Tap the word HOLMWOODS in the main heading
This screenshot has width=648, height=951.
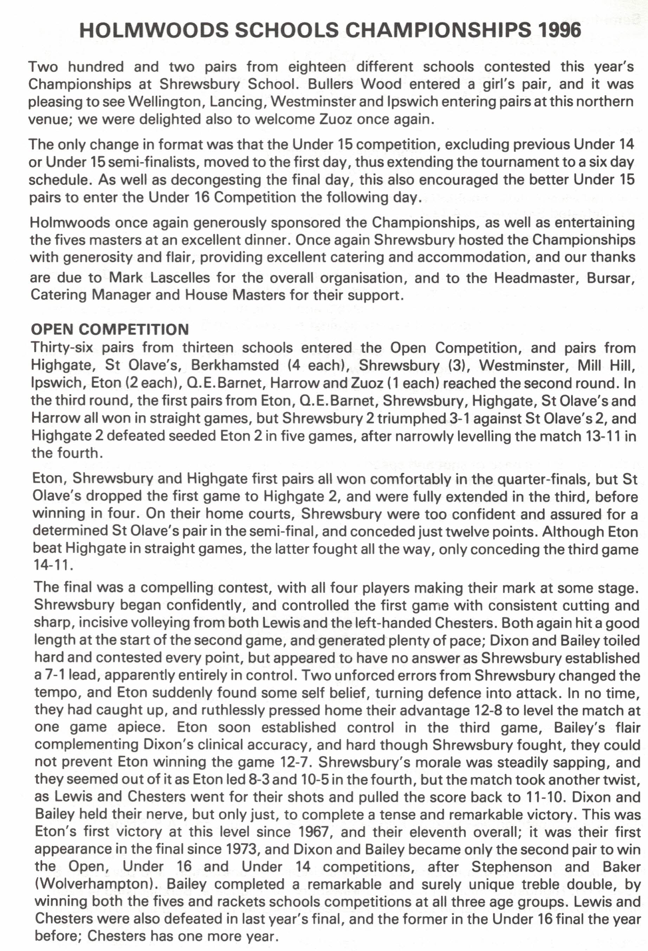[x=152, y=30]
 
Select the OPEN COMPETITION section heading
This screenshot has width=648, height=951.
[x=110, y=330]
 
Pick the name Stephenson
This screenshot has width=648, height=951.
[x=511, y=867]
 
